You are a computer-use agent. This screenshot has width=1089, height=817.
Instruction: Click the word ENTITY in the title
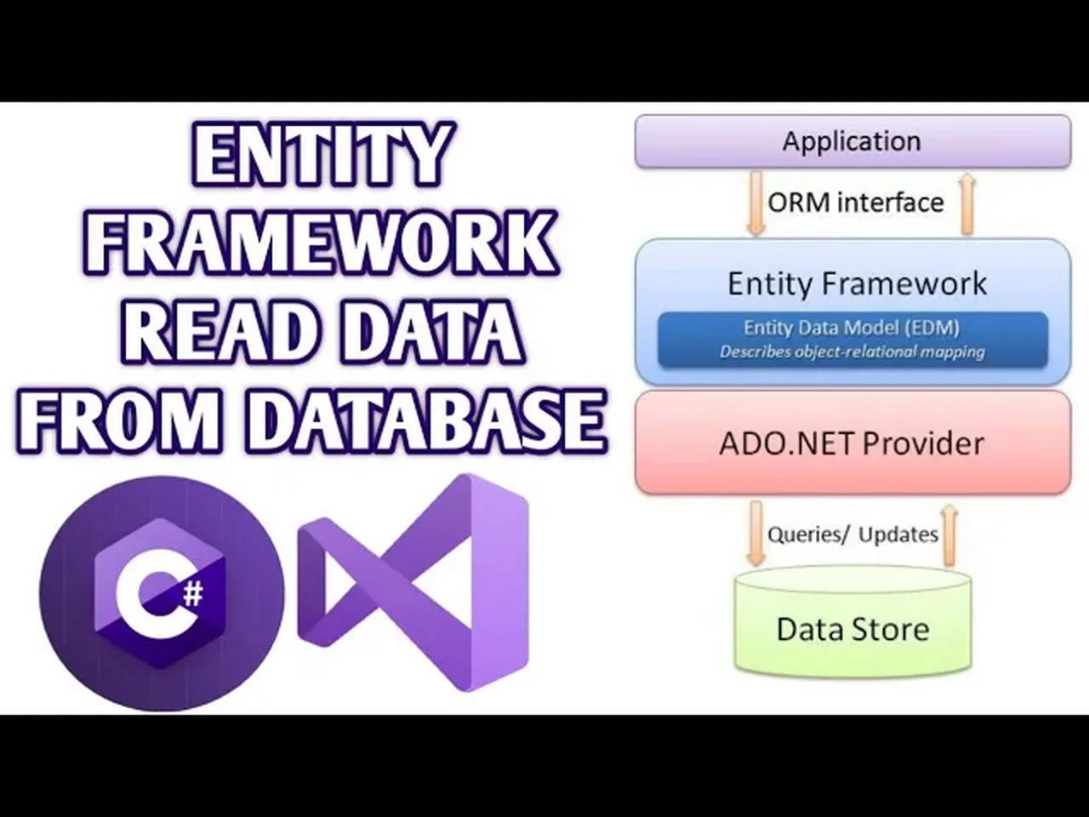pyautogui.click(x=322, y=155)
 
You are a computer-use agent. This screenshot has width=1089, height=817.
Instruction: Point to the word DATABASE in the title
pyautogui.click(x=430, y=420)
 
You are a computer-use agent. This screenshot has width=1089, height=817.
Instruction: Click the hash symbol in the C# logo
pyautogui.click(x=193, y=591)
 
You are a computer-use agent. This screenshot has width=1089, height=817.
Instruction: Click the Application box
pyautogui.click(x=852, y=141)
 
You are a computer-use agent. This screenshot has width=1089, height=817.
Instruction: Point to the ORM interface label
pyautogui.click(x=856, y=203)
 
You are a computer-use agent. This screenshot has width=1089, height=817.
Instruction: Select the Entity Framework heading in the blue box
pyautogui.click(x=857, y=283)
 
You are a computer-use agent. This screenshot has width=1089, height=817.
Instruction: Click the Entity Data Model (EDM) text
pyautogui.click(x=852, y=328)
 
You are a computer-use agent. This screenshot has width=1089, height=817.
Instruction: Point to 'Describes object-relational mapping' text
pyautogui.click(x=852, y=351)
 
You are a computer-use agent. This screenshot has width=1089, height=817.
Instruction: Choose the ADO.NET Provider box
pyautogui.click(x=852, y=443)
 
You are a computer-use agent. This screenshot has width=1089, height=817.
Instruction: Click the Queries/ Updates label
pyautogui.click(x=852, y=534)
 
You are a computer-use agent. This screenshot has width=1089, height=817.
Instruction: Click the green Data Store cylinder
pyautogui.click(x=852, y=626)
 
